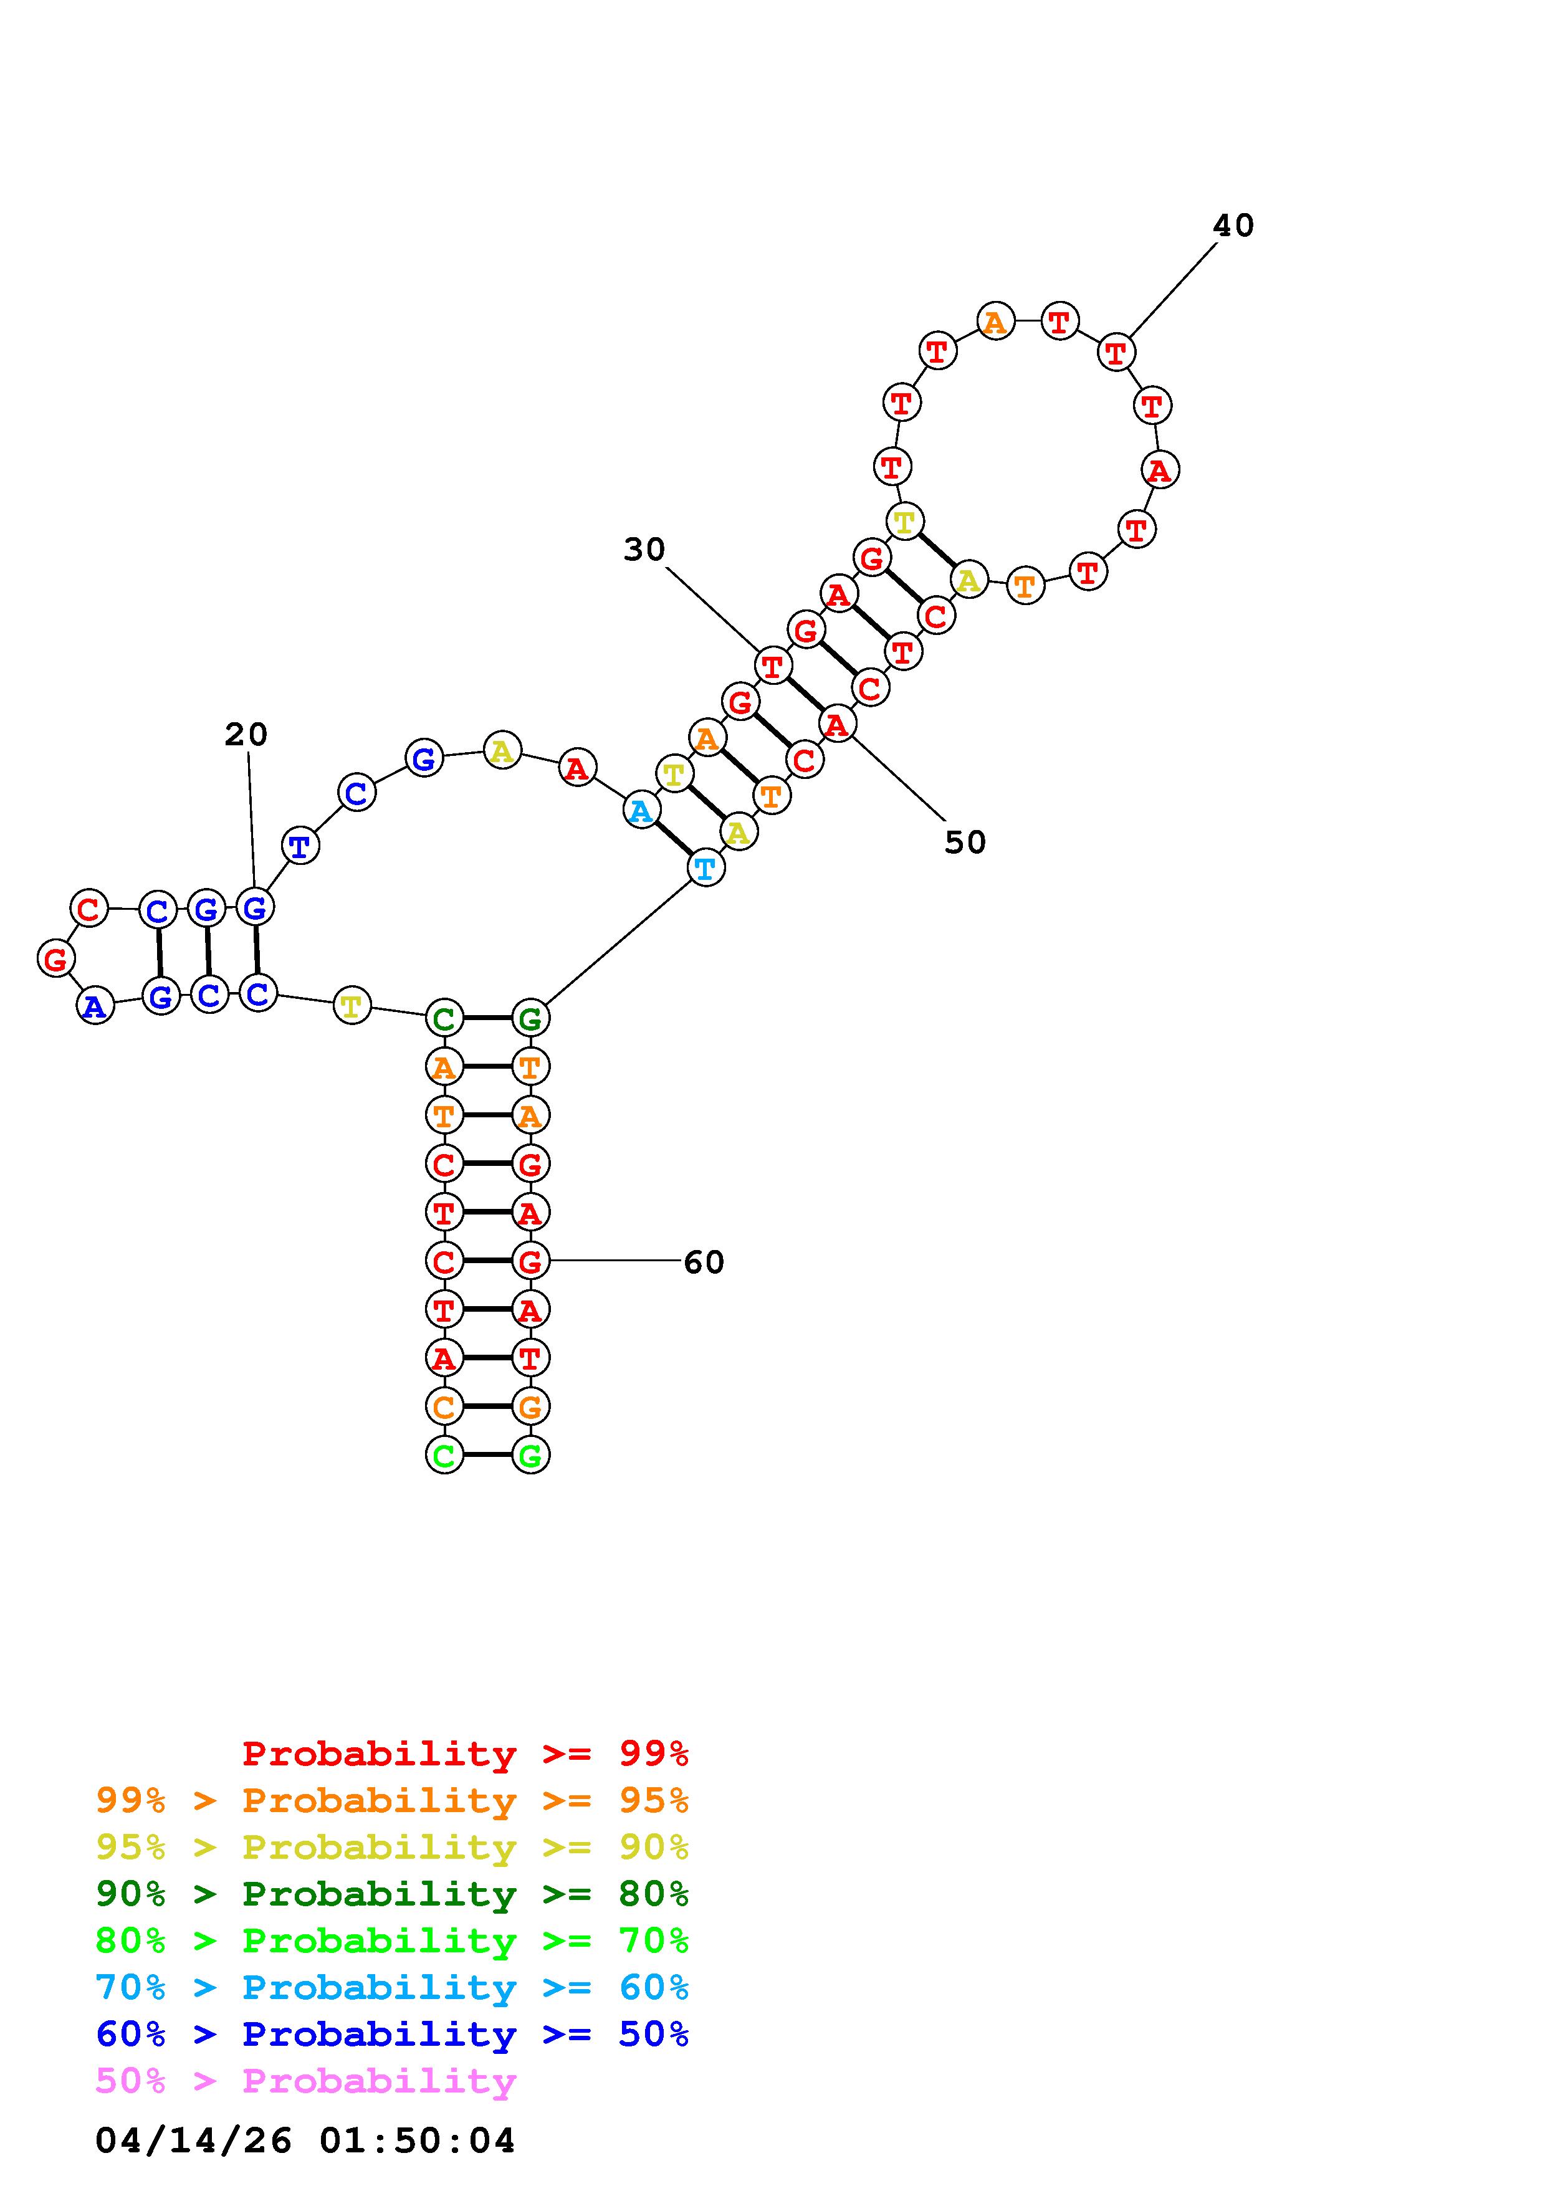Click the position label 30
[x=644, y=550]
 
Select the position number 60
[x=704, y=1262]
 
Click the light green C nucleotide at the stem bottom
[x=444, y=1455]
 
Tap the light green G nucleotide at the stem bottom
[x=530, y=1455]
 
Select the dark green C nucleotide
[x=444, y=1019]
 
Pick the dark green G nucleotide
[x=530, y=1019]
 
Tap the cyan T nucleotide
[x=706, y=867]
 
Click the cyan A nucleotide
[x=641, y=811]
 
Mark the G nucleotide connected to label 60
[x=530, y=1261]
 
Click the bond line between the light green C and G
[x=487, y=1455]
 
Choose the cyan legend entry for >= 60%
[x=391, y=1988]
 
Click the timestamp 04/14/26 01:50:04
[x=305, y=2141]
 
